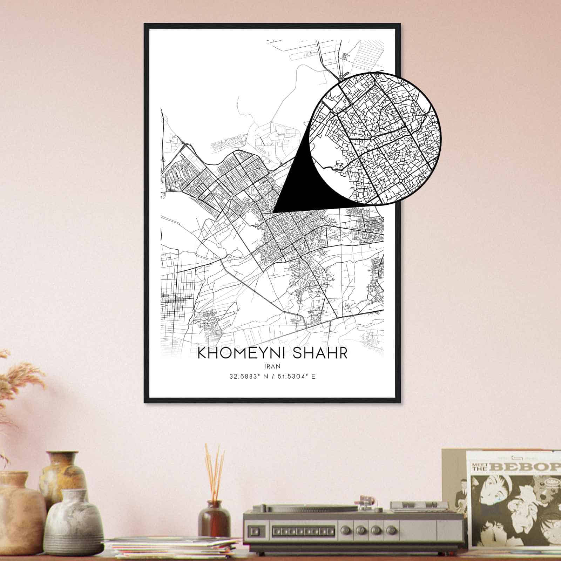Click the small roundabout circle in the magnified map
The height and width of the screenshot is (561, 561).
400,181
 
